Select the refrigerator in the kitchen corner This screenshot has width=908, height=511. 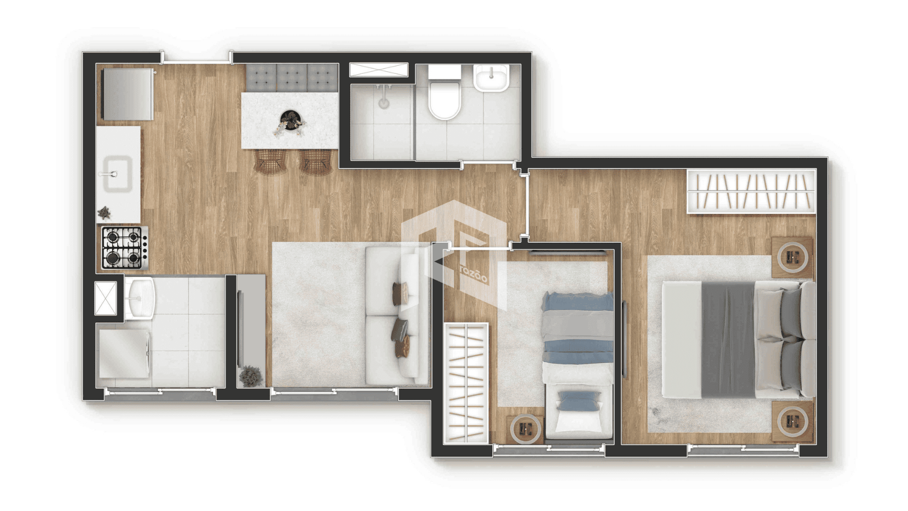[128, 94]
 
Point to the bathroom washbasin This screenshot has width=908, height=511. [491, 78]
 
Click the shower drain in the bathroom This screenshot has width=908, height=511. [383, 103]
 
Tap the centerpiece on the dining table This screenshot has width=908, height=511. [289, 123]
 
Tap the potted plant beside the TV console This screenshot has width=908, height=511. [251, 376]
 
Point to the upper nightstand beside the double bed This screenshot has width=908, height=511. [792, 257]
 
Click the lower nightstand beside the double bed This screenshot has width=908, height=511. [792, 421]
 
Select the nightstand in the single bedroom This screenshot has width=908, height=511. [525, 429]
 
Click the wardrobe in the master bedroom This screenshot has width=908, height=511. [752, 191]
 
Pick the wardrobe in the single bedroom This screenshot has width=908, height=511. [466, 383]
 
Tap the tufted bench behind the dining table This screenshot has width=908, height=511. [292, 78]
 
